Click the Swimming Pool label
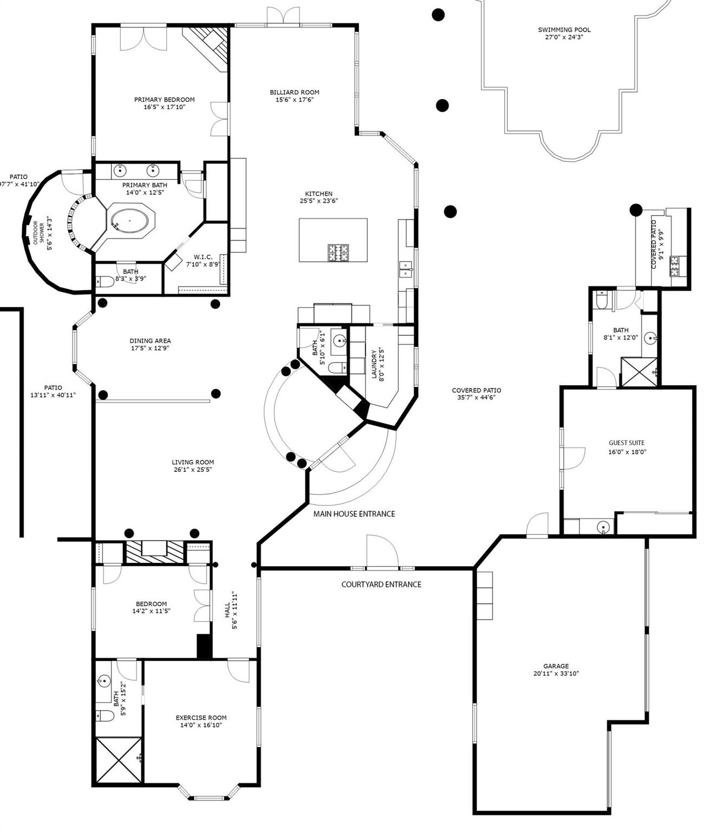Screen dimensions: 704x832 pos(564,30)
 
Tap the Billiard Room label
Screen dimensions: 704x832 pos(294,92)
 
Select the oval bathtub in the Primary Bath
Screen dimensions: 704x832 pos(129,221)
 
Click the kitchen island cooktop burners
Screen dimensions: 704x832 pos(338,252)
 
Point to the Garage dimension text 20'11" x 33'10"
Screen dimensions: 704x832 pos(556,673)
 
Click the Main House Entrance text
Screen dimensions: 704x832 pos(354,513)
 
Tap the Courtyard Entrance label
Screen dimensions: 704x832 pos(381,584)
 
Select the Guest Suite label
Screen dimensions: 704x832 pos(627,443)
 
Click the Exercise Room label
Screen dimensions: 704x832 pos(201,717)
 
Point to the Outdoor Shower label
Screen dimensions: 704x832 pos(38,232)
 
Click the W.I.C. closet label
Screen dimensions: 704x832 pos(203,257)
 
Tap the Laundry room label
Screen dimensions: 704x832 pos(374,364)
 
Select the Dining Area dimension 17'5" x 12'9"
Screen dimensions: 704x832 pos(150,348)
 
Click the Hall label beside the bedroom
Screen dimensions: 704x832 pos(227,609)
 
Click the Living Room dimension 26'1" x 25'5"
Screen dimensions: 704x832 pos(192,469)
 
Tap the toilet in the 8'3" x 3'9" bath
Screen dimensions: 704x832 pos(105,281)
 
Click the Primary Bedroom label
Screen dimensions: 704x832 pos(164,100)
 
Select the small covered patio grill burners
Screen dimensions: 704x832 pos(674,266)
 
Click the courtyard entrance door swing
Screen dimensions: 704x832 pos(382,551)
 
